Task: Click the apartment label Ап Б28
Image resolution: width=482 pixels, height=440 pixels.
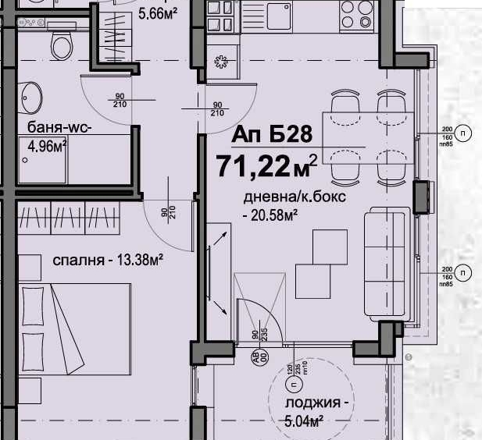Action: click(272, 134)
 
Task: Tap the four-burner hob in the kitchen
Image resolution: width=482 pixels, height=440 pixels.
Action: click(357, 15)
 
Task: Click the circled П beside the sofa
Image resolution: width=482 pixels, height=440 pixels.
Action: click(464, 273)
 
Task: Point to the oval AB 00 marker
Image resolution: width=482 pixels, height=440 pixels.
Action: click(255, 357)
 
